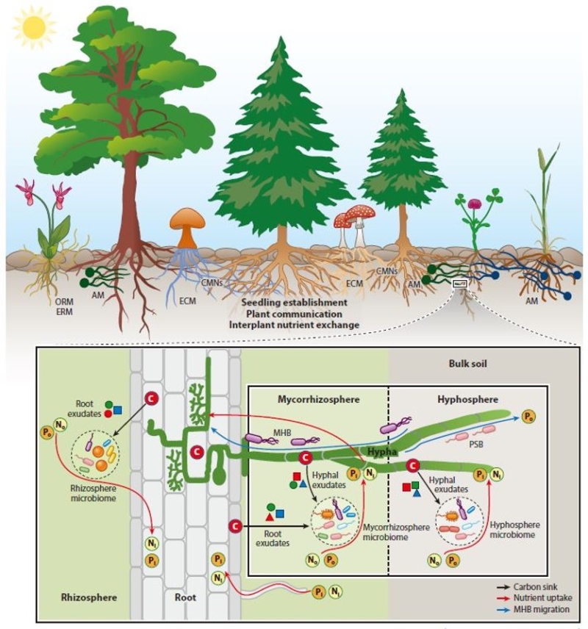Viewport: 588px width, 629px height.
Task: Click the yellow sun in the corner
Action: click(33, 29)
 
